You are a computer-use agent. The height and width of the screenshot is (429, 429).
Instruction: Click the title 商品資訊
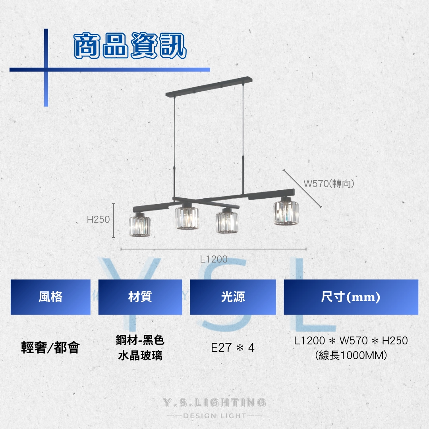(130, 45)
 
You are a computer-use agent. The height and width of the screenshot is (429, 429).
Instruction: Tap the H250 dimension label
(98, 219)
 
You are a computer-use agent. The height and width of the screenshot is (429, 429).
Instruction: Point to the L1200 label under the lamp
(214, 259)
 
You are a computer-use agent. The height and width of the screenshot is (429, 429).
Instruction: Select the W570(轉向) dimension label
(329, 184)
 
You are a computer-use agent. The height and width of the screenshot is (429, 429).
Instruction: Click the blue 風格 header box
(50, 297)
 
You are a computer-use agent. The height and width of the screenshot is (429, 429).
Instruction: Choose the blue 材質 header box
(140, 297)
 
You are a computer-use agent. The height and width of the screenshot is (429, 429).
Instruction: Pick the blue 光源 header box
(233, 297)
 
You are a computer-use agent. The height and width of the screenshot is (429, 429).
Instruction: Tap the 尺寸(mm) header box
(351, 297)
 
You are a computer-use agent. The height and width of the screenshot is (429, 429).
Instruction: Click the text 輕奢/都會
(50, 348)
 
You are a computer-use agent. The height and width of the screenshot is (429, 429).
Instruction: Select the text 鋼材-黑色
(140, 340)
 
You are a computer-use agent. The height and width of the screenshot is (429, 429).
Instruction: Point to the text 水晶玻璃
(140, 356)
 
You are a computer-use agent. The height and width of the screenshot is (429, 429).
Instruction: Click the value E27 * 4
(233, 348)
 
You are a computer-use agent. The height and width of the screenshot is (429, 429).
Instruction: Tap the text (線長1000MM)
(351, 356)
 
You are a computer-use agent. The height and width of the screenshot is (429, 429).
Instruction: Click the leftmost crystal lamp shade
(140, 226)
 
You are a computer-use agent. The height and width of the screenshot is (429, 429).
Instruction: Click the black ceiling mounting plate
(209, 86)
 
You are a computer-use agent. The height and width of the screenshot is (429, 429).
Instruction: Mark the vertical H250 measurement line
(114, 220)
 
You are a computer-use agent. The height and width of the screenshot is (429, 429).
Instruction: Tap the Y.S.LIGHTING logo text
(214, 403)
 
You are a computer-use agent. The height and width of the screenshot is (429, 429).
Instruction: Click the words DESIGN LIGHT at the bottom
(214, 416)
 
